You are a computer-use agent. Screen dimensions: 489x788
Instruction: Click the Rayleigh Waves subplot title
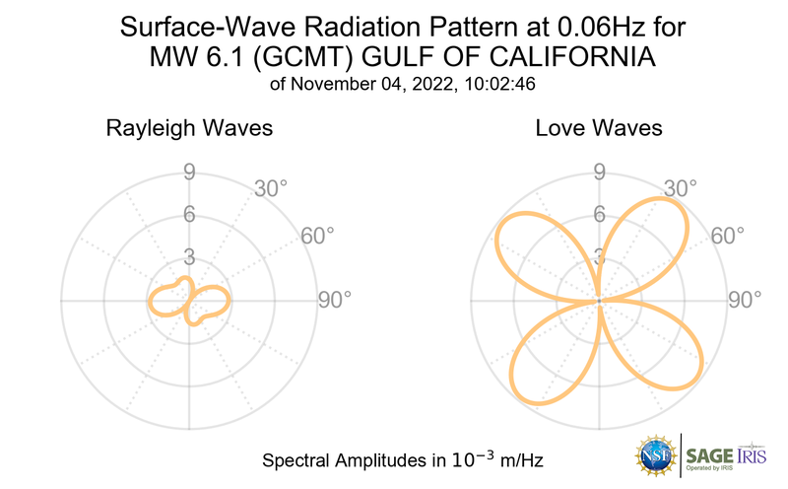pos(189,128)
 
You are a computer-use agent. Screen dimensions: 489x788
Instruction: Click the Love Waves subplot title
pos(599,128)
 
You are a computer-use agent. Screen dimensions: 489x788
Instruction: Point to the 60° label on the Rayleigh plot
pos(316,236)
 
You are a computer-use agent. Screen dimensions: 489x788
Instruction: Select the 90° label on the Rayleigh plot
pos(334,300)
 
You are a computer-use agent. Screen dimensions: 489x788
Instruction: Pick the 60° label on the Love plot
pos(728,236)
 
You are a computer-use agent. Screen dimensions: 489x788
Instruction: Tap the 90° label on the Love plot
pos(746,300)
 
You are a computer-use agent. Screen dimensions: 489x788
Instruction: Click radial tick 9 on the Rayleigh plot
pos(188,173)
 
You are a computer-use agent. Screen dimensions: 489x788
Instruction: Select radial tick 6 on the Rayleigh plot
pos(188,215)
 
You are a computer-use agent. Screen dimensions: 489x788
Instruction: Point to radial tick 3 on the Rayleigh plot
pos(188,257)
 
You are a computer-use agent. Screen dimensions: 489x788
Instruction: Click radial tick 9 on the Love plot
pos(599,173)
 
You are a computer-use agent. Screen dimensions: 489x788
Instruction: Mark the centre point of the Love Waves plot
pos(599,300)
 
